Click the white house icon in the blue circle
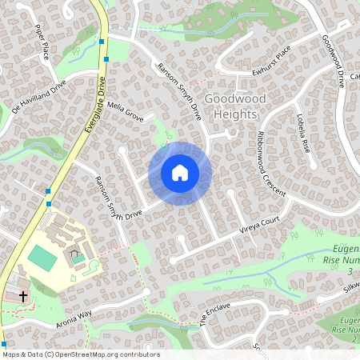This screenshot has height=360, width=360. [180, 173]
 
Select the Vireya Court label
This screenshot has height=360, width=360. [261, 230]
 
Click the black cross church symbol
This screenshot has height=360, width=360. [23, 296]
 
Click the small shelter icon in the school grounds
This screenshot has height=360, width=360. [76, 258]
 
